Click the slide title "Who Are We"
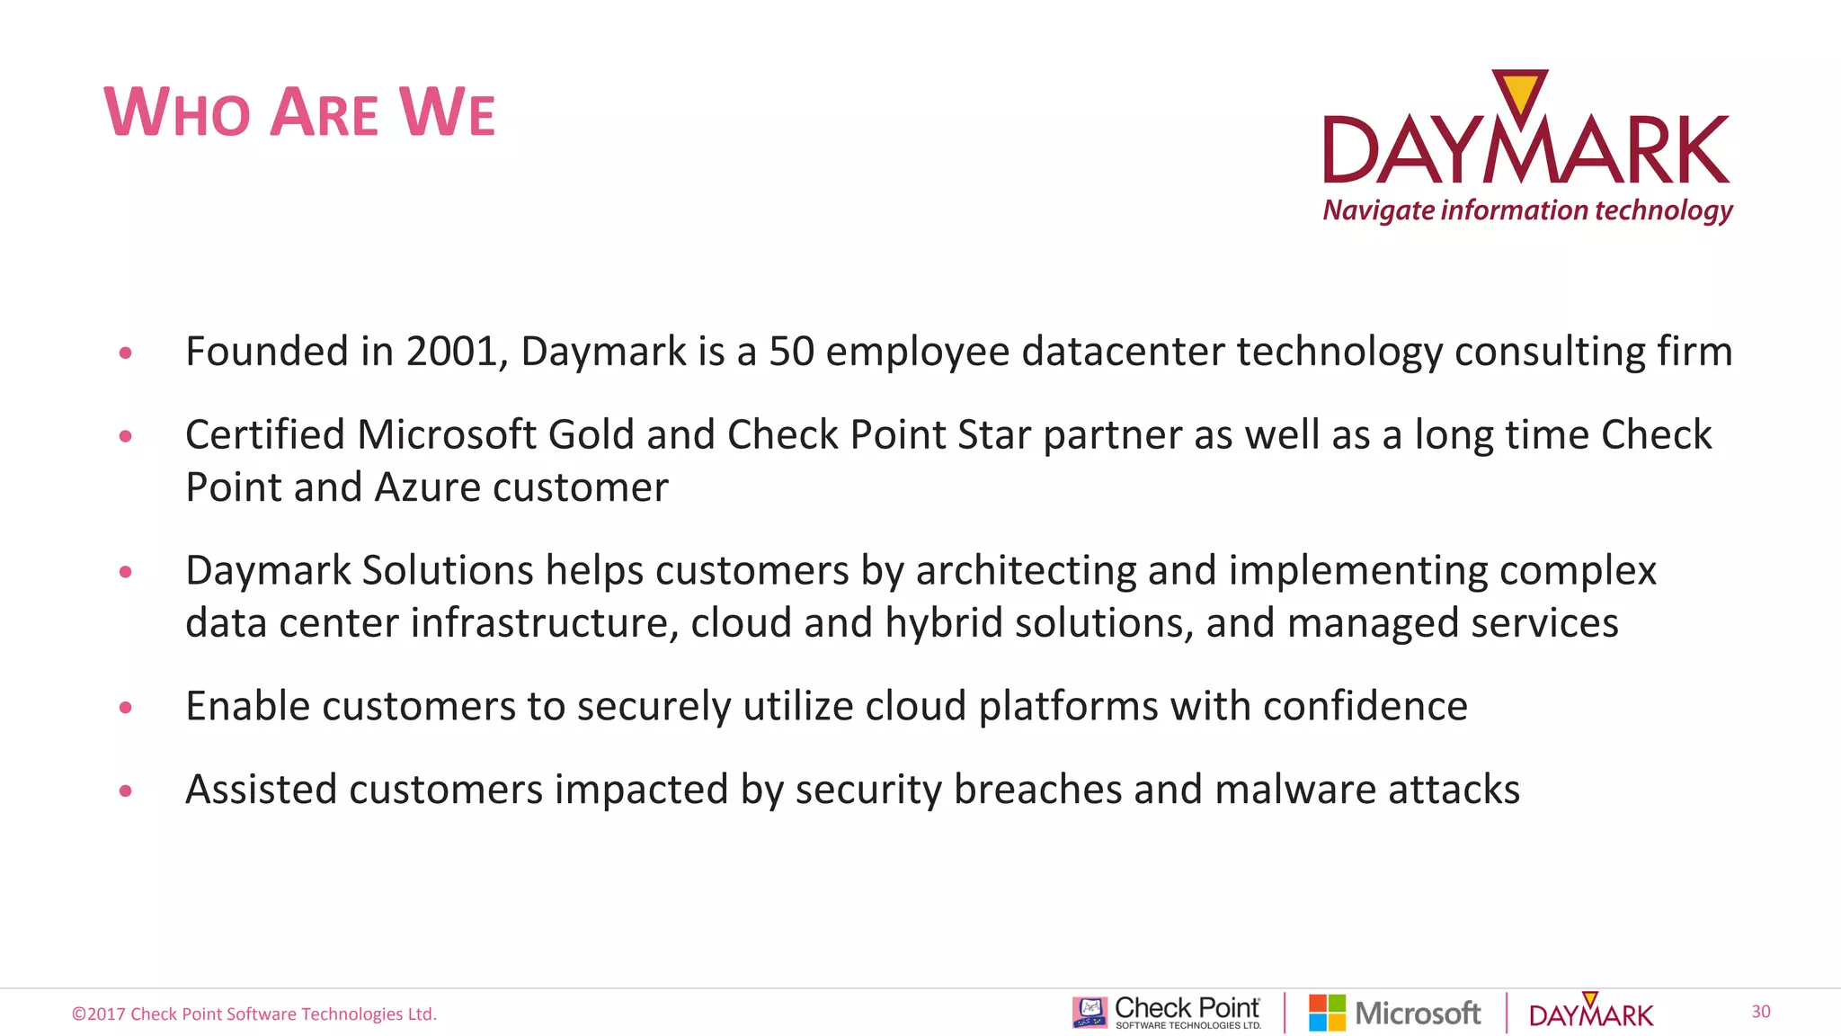(x=299, y=112)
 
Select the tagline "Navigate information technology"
(x=1527, y=210)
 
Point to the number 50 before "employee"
(x=791, y=352)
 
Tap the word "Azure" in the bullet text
(x=427, y=487)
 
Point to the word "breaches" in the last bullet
(x=1037, y=790)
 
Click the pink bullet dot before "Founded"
(x=126, y=353)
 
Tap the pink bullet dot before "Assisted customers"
(x=126, y=791)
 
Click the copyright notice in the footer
(x=254, y=1014)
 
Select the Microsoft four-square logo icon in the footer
(x=1327, y=1013)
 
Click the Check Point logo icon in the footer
(x=1089, y=1013)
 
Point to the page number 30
(x=1760, y=1012)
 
